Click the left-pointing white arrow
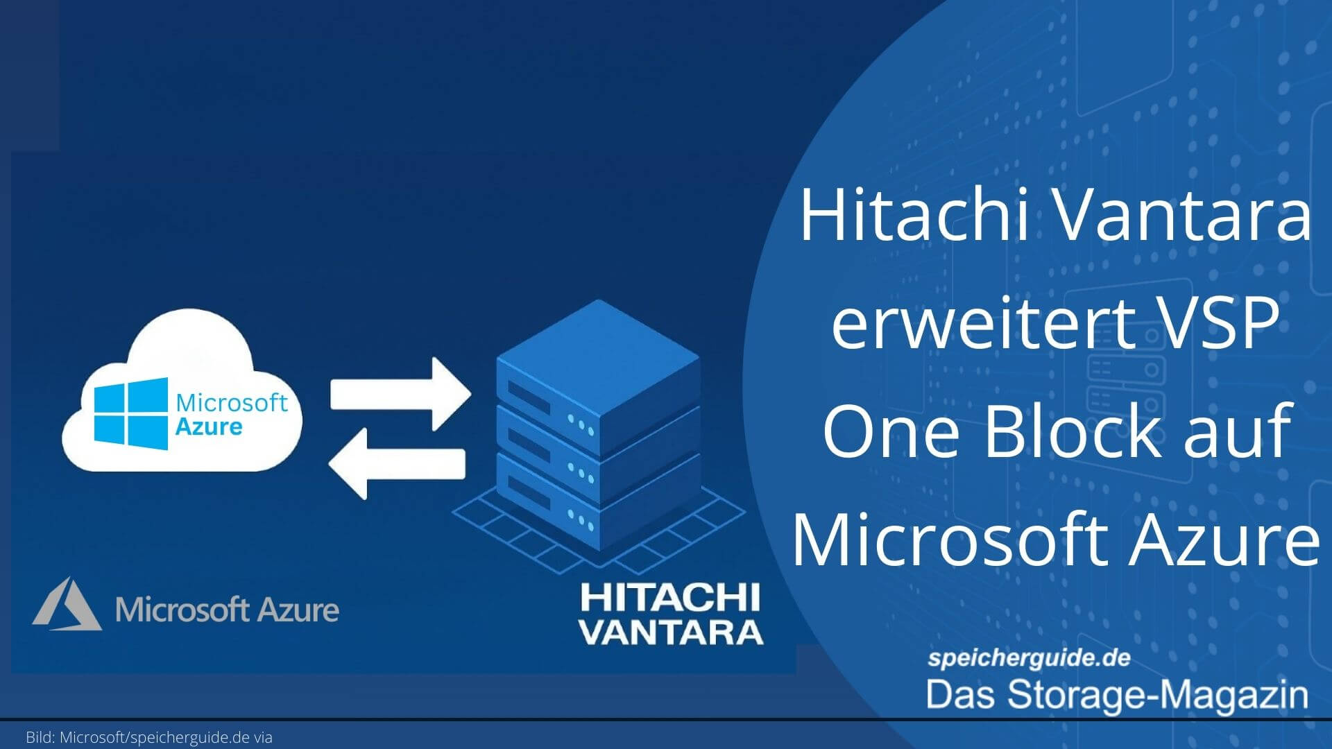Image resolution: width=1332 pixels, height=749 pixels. tap(396, 464)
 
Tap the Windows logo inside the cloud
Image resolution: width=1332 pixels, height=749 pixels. tap(131, 413)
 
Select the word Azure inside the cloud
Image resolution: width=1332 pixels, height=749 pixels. tap(209, 426)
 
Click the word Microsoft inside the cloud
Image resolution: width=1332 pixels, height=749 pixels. tap(232, 402)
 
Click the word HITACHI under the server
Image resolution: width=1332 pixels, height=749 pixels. tap(670, 598)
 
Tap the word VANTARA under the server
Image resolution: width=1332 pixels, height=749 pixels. tap(672, 632)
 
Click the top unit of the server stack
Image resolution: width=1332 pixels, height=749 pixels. tap(598, 374)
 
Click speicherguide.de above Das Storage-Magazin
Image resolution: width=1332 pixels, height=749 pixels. tap(1029, 657)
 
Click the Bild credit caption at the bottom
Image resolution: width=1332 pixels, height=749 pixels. tap(149, 737)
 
